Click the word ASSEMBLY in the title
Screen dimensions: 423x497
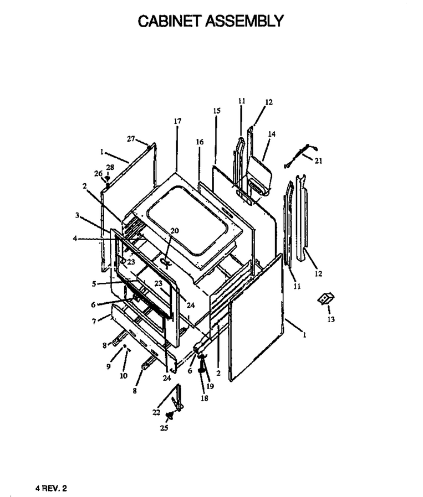point(244,21)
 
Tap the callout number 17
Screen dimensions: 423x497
point(177,121)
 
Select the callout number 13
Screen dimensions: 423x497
point(331,319)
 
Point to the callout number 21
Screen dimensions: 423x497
point(318,161)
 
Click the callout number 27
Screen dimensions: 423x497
point(131,139)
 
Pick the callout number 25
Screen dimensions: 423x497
point(164,428)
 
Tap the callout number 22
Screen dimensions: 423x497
point(156,412)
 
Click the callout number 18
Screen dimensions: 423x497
point(204,398)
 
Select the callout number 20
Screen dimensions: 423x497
point(175,231)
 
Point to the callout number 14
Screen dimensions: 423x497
point(272,134)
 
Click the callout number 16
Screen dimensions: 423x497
point(200,142)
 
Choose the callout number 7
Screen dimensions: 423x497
point(94,322)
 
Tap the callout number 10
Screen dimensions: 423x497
point(123,376)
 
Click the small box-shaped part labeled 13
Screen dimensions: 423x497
point(326,298)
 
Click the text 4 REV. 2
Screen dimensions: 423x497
point(51,488)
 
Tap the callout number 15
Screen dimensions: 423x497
point(217,111)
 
